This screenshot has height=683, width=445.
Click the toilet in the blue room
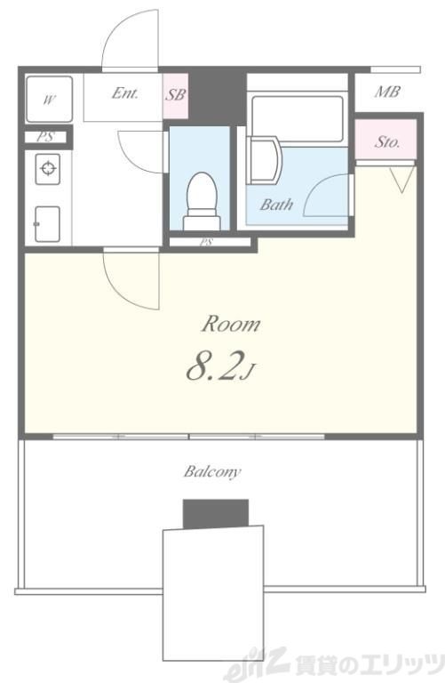coord(202,201)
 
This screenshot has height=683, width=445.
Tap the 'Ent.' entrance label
coord(125,92)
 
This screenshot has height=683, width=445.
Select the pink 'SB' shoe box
coord(176,95)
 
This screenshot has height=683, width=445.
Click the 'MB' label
coord(386,92)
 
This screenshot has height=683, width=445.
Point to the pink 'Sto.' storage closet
coord(386,140)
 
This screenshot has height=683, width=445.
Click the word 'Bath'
coord(276,204)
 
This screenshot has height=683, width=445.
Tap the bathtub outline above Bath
coord(298,118)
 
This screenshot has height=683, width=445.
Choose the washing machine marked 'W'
coord(49,100)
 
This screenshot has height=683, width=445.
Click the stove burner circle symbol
coord(47,168)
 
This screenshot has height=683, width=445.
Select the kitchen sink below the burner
coord(47,224)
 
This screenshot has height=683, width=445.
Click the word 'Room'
coord(231,325)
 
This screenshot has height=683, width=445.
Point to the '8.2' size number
coord(213,367)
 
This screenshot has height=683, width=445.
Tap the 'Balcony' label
coord(212,471)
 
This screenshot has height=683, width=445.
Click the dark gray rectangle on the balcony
coord(216,513)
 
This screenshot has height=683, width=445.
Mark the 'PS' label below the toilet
coord(206,242)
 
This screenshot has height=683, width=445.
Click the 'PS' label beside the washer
coord(45,137)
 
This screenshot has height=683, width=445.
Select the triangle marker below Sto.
coord(401,180)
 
